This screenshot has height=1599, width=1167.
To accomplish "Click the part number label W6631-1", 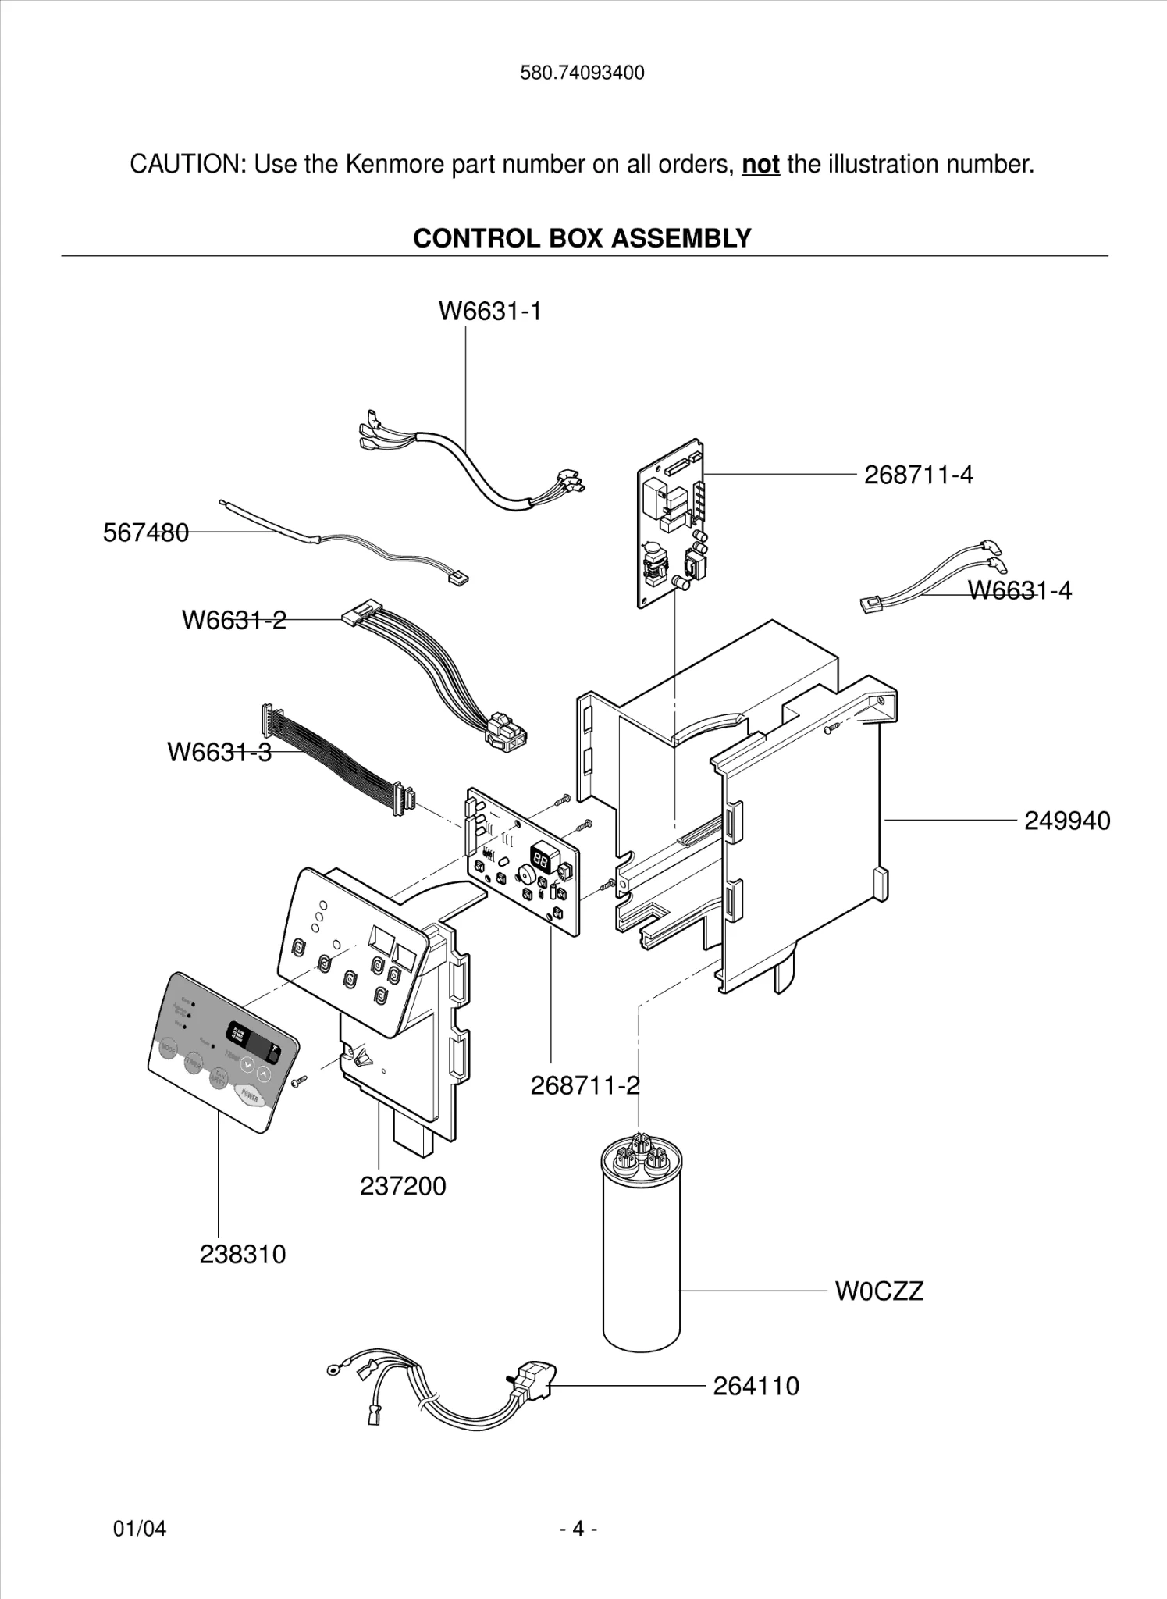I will tap(489, 312).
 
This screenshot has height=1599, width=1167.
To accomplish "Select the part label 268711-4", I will tap(918, 475).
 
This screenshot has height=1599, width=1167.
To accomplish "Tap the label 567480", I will tap(146, 532).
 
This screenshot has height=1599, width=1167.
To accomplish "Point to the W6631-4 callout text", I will tap(1019, 590).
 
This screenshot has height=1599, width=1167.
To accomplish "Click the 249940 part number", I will tap(1066, 821).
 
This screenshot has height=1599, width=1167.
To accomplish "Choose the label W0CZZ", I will tap(879, 1291).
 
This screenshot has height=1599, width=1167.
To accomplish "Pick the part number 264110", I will tap(756, 1386).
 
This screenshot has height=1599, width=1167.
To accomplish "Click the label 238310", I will tap(243, 1254).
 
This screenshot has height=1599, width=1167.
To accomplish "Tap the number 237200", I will tap(403, 1186).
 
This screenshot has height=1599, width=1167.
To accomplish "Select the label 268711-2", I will tap(585, 1085).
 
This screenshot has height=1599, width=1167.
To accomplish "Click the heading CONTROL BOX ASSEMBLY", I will tap(582, 238).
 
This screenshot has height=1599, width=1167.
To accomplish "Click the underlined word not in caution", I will tap(760, 165).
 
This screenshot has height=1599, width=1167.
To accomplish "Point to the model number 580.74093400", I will tap(582, 73).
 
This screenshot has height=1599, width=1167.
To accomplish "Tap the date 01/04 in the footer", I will tap(140, 1528).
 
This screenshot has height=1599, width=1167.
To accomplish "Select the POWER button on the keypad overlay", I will tap(250, 1096).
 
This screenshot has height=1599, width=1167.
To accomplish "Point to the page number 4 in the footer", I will tap(578, 1528).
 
